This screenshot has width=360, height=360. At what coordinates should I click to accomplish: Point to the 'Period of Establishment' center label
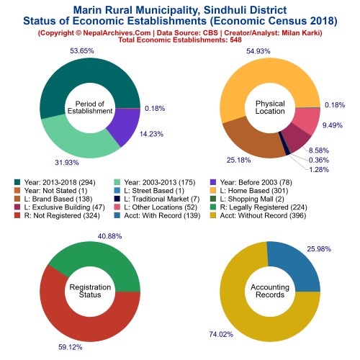90,107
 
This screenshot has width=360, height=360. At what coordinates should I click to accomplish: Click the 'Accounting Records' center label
270,291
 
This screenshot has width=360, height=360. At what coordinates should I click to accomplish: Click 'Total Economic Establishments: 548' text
180,40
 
